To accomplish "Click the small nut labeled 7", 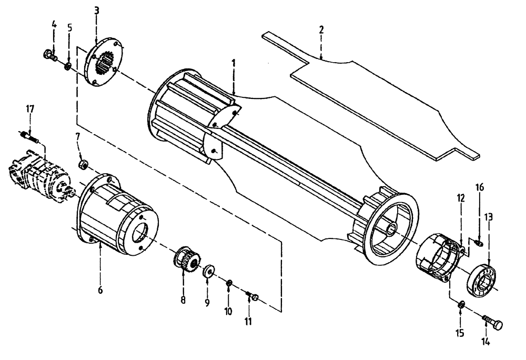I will [82, 165].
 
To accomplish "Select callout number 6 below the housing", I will [100, 289].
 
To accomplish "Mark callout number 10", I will [228, 311].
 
